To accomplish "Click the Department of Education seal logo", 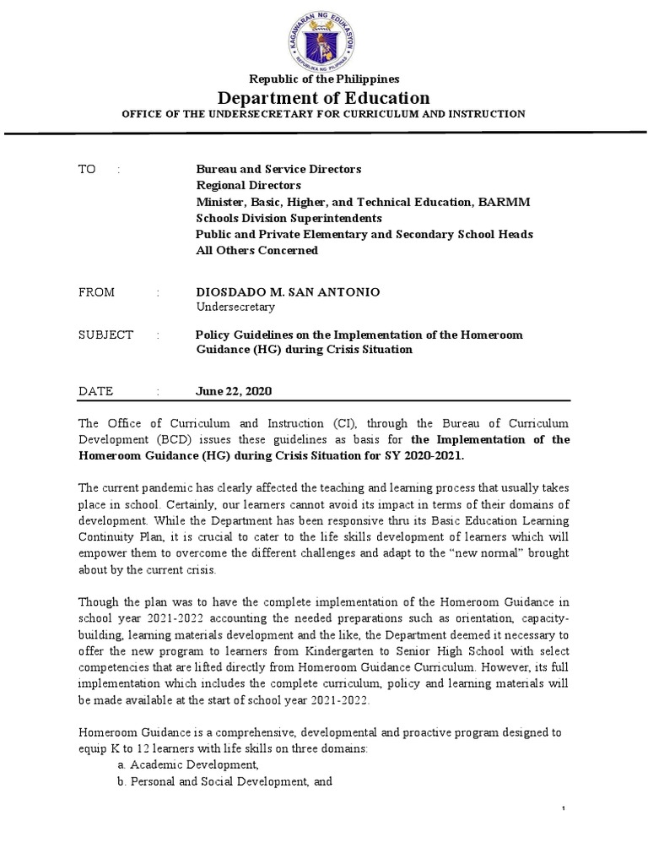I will [x=325, y=36].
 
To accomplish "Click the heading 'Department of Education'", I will [x=324, y=98].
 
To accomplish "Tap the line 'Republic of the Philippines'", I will [x=324, y=79].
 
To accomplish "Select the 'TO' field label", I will [x=88, y=169].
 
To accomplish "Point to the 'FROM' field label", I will [x=95, y=291].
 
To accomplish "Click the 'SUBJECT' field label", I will [x=105, y=335].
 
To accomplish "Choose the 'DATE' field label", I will [x=94, y=391].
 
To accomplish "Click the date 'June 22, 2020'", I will [x=234, y=391].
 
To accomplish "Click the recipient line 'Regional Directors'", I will [x=248, y=185].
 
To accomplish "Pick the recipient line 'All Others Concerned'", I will [x=256, y=250].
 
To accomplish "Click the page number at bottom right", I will [x=564, y=810].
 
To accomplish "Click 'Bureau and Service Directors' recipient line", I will [x=278, y=169].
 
